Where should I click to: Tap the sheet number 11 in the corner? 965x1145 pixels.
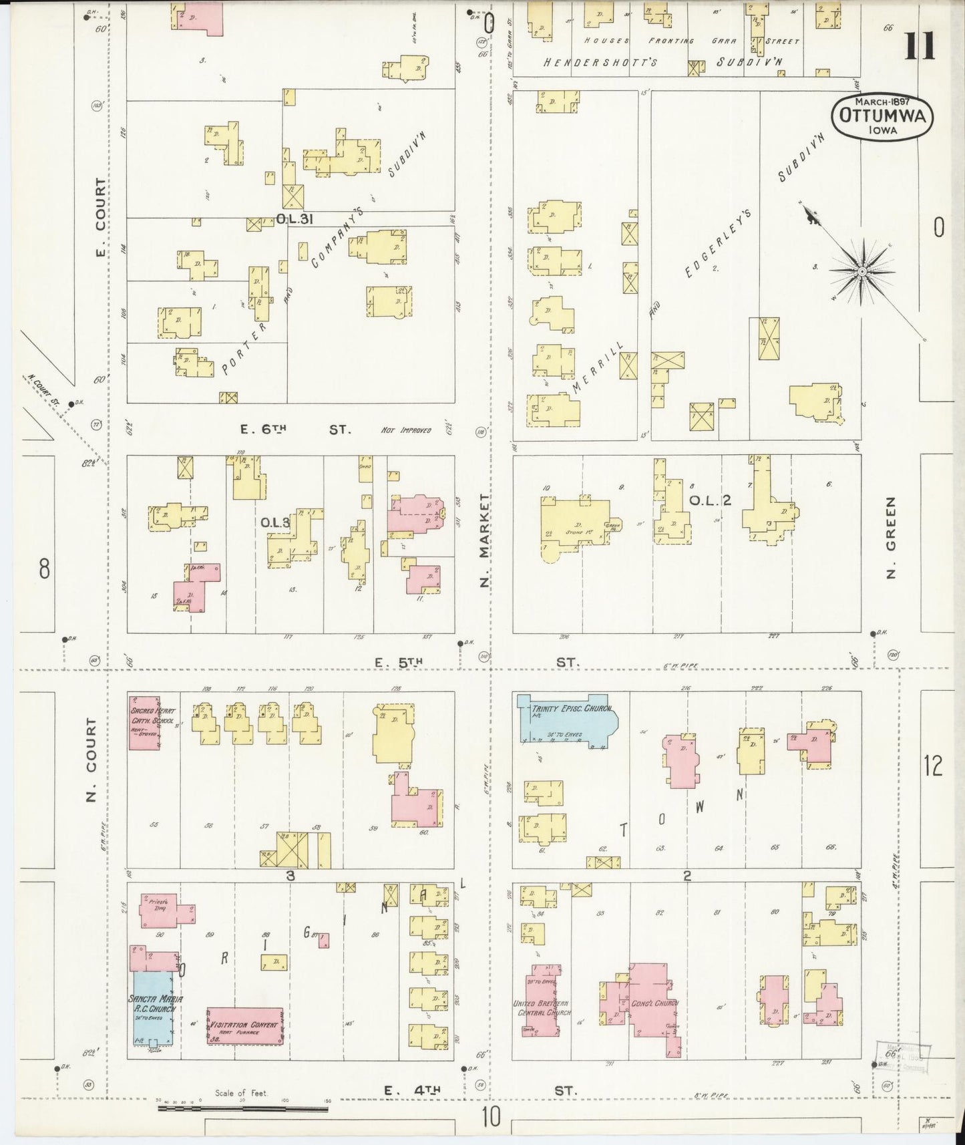(920, 45)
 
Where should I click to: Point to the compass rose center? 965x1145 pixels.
(861, 271)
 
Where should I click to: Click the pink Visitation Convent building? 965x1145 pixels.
(244, 1025)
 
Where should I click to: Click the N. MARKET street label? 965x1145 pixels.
(486, 541)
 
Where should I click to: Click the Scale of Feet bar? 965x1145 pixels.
(243, 1110)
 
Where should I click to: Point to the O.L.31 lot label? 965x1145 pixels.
(295, 218)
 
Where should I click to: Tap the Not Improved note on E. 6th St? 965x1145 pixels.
(406, 431)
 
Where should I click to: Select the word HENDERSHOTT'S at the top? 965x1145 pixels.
(600, 62)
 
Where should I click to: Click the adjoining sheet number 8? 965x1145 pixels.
(44, 569)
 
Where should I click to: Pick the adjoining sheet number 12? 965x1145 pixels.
(934, 766)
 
